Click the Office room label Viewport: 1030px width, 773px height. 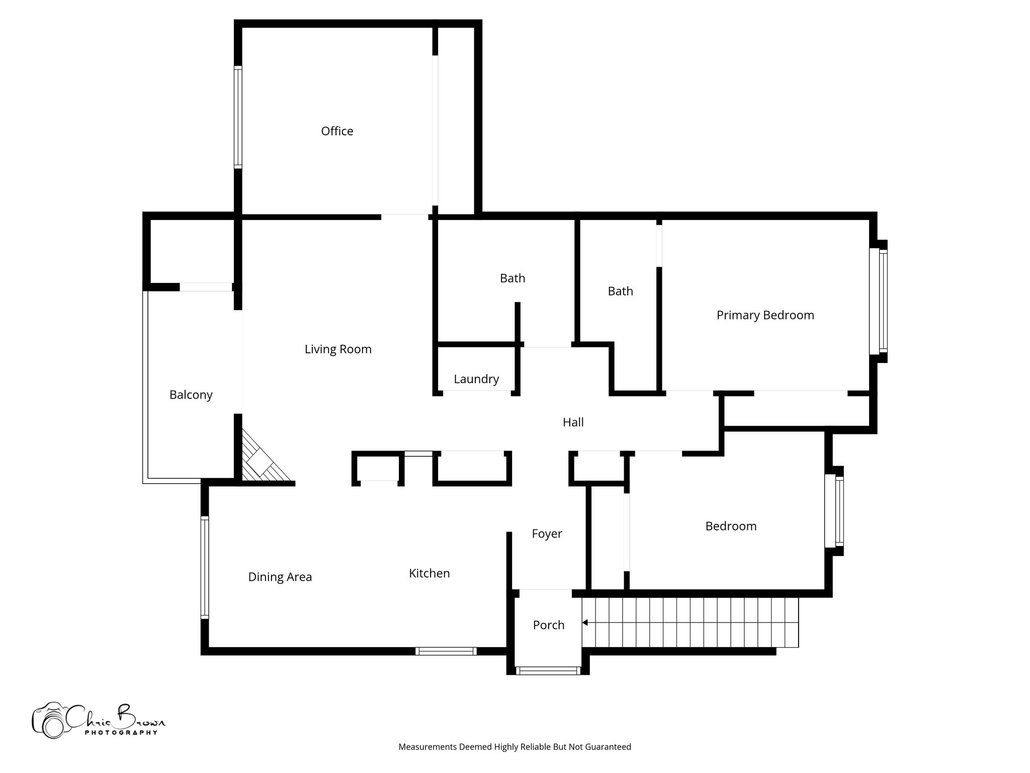click(x=337, y=131)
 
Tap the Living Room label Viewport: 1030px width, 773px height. click(x=338, y=349)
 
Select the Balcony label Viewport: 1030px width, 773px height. click(x=191, y=395)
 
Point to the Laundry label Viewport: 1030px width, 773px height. click(x=476, y=379)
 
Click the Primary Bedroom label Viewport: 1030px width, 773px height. click(x=765, y=316)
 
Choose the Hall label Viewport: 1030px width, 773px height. click(x=573, y=422)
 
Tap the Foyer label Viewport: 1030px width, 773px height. click(x=547, y=533)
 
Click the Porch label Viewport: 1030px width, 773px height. click(x=548, y=625)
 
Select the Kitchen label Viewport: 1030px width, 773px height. click(x=429, y=573)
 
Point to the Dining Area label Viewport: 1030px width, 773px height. click(x=280, y=577)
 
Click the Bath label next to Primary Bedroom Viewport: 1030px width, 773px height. click(x=620, y=291)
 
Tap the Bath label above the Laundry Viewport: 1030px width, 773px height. click(x=512, y=278)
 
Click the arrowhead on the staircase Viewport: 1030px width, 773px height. click(x=585, y=623)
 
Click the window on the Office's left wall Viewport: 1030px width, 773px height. click(x=238, y=117)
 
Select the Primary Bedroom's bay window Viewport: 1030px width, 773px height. click(x=879, y=301)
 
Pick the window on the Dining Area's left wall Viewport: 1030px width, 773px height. click(x=205, y=567)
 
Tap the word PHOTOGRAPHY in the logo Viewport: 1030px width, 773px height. click(x=121, y=733)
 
